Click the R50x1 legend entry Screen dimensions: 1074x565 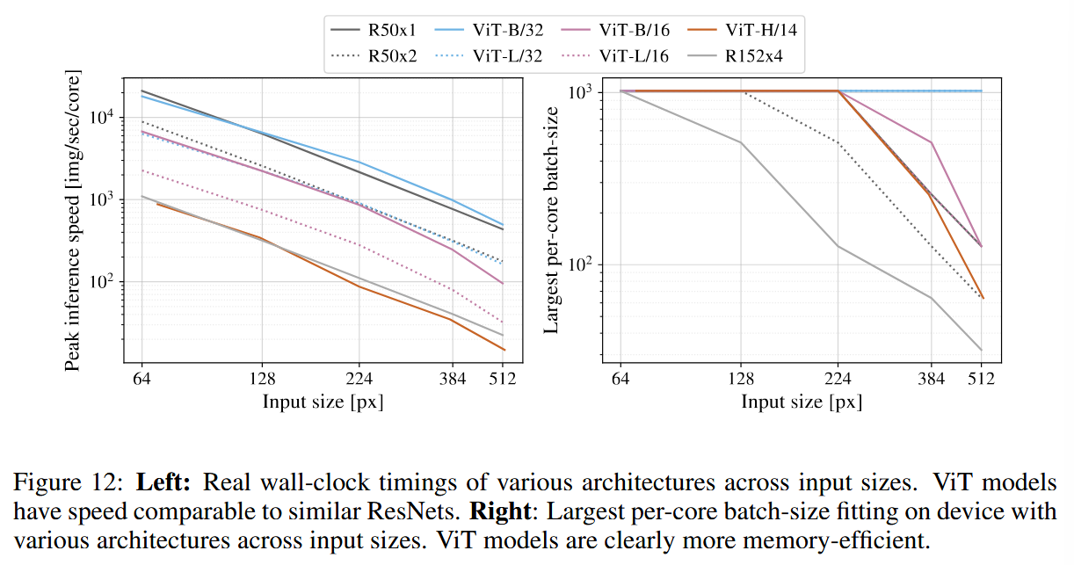pos(373,30)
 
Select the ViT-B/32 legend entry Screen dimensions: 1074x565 pos(489,30)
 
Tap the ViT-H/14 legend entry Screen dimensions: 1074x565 pos(742,30)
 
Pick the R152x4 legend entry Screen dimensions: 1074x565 pos(735,56)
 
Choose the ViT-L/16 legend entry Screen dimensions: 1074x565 pos(615,56)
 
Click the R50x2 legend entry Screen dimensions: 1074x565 pos(374,56)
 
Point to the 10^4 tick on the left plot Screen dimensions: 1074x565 pos(102,117)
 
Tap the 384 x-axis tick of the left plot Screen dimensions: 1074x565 pos(452,379)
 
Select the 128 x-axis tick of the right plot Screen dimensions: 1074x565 pos(741,379)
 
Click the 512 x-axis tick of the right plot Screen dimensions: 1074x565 pos(982,379)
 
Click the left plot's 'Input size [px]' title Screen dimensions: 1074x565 pos(323,402)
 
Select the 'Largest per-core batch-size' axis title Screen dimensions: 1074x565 pos(551,220)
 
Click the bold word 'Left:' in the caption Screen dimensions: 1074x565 pos(163,482)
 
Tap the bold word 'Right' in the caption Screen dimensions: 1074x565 pos(500,511)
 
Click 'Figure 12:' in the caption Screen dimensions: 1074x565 pos(69,482)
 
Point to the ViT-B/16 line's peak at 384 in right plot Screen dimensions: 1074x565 pos(931,142)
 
